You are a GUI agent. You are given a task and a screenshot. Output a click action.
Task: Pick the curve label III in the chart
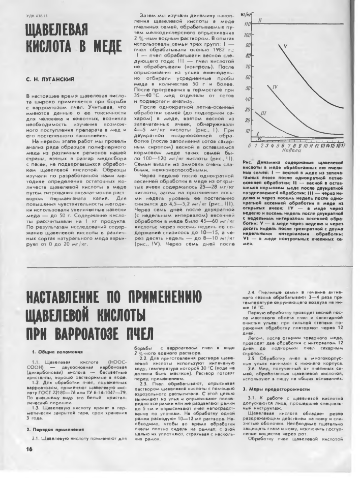coord(263,115)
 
